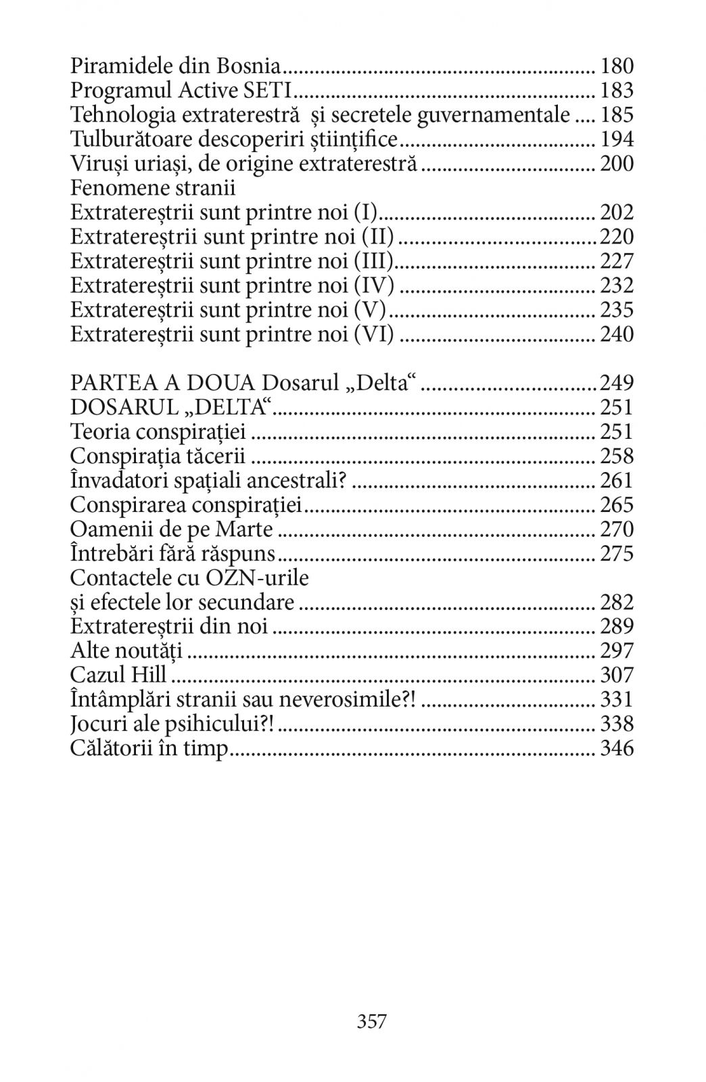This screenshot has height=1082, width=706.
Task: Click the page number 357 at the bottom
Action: point(372,1020)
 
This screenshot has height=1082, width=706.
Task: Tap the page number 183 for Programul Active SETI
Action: point(617,91)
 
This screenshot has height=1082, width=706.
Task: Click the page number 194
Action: point(617,139)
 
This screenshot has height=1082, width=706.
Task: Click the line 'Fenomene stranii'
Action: point(152,188)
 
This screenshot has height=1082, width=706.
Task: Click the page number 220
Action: point(617,237)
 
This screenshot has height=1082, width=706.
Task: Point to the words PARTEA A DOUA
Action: point(163,383)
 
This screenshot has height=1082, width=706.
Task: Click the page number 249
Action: point(617,383)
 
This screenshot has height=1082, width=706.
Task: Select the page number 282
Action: point(617,602)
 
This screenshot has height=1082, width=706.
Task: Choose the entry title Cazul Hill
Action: point(118,675)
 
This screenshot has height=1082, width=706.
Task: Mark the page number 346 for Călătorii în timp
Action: point(617,748)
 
